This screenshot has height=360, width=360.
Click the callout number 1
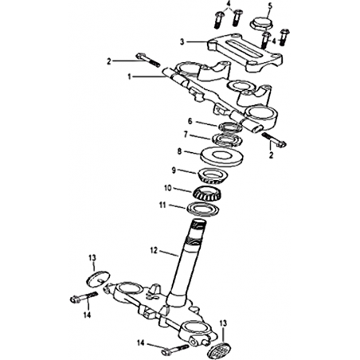[x=129, y=77]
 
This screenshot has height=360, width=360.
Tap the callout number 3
[x=182, y=42]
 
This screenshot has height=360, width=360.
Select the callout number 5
[x=270, y=6]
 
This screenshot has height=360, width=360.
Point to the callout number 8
[x=179, y=151]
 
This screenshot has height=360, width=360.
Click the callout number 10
[x=168, y=188]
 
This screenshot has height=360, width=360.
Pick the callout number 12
[x=154, y=250]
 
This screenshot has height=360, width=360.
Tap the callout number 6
[x=190, y=121]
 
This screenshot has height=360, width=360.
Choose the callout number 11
[x=162, y=205]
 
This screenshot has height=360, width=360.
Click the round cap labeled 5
[x=261, y=24]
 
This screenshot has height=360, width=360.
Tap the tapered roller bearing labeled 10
[x=207, y=194]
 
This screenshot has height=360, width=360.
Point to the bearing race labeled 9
[x=213, y=176]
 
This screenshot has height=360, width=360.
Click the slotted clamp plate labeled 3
[x=245, y=53]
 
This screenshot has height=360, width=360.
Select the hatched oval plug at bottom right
[x=217, y=349]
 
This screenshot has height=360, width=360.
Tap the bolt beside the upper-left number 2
[x=148, y=61]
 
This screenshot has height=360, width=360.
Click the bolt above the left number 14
[x=84, y=297]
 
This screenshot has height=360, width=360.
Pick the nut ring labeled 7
[x=227, y=139]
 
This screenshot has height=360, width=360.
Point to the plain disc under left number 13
[x=98, y=279]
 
